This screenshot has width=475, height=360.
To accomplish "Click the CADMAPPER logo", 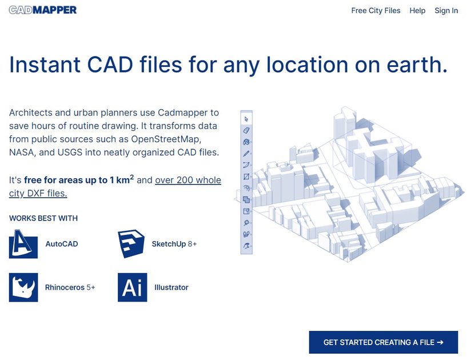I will (43, 10).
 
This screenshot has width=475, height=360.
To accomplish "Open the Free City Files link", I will (376, 10).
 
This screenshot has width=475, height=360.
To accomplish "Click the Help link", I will (417, 10).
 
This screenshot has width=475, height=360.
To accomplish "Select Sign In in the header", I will (446, 10).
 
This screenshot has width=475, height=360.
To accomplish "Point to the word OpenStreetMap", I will (165, 139).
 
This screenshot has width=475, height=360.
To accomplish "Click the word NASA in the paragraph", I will (23, 153).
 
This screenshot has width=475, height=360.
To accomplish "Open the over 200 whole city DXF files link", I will (188, 181).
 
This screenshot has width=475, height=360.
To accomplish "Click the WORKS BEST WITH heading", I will (43, 218).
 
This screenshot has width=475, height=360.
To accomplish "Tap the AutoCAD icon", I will (23, 244).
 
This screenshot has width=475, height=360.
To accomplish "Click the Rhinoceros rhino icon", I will (23, 287).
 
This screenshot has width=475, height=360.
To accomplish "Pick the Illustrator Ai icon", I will (132, 287).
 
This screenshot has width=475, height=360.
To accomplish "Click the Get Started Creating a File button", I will (383, 342).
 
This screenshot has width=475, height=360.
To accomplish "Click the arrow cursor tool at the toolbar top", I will (246, 119).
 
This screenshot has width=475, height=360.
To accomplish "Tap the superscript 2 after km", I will (132, 177).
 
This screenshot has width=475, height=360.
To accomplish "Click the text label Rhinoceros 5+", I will (70, 287).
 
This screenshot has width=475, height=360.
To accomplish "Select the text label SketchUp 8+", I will (174, 244).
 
